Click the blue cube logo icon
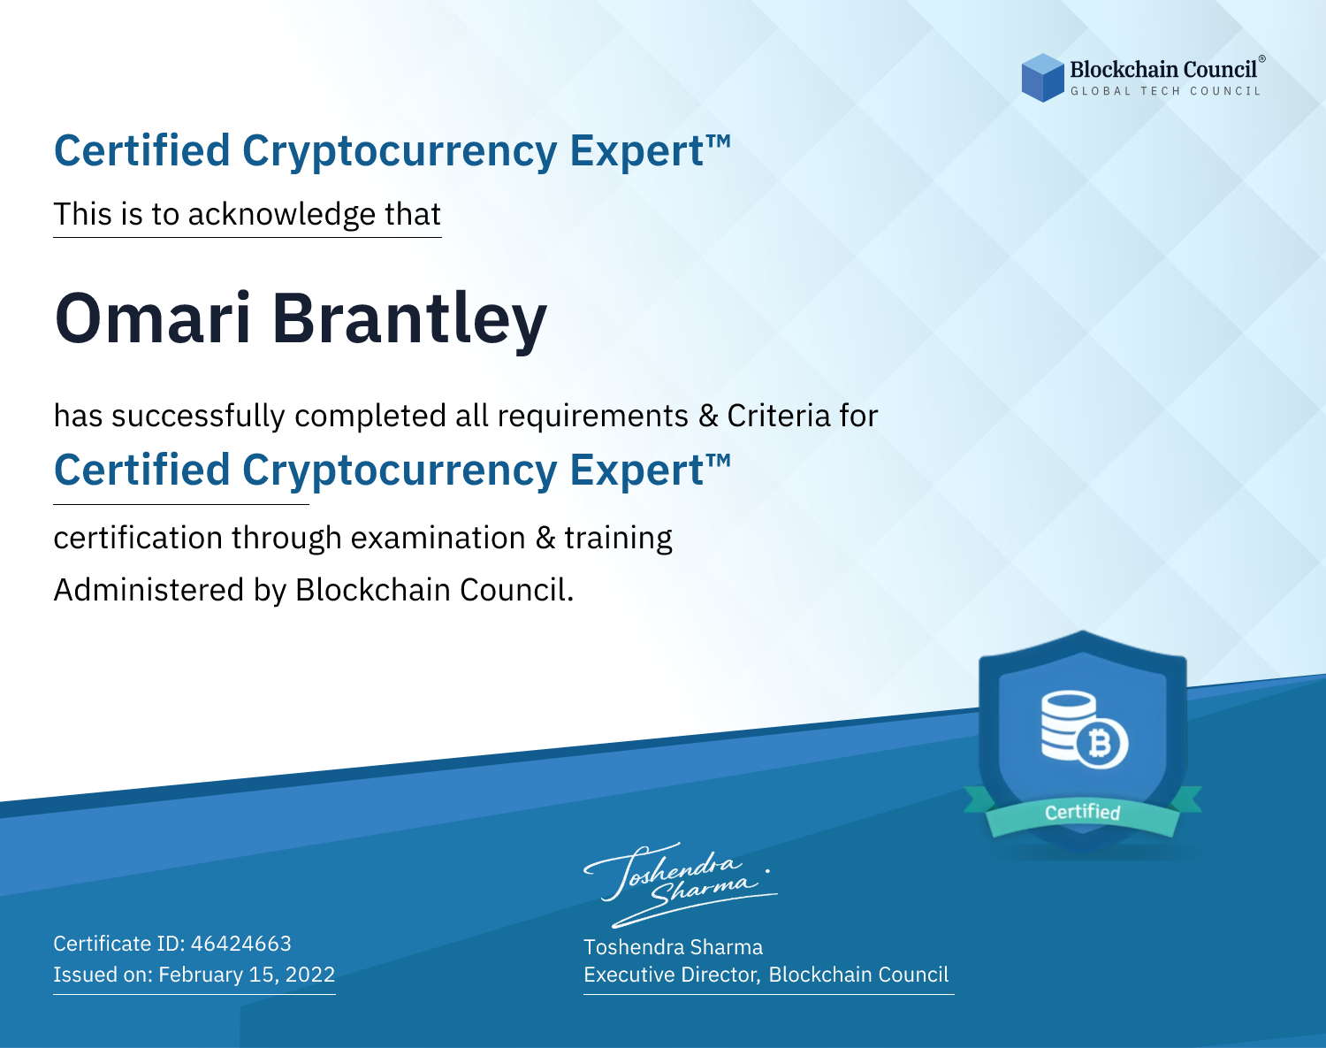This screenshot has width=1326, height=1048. [1042, 78]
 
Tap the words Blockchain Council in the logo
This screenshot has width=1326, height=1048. [1163, 69]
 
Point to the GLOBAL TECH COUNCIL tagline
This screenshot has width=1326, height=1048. [1165, 91]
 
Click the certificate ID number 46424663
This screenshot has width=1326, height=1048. [241, 943]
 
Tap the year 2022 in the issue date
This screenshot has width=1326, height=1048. [310, 974]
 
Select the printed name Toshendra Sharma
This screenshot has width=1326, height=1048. [673, 947]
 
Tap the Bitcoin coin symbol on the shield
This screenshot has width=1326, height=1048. [1101, 744]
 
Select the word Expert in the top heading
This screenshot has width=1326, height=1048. [636, 151]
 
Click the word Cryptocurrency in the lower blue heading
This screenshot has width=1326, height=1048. [400, 471]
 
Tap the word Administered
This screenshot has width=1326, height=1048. [149, 590]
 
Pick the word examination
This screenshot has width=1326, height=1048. [438, 538]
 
